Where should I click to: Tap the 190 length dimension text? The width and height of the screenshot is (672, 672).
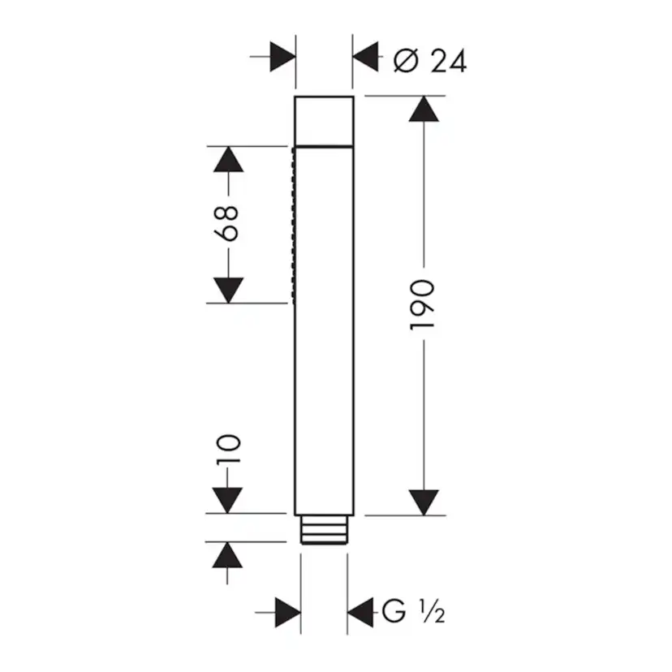[423, 305]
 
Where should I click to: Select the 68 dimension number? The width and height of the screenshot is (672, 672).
[228, 222]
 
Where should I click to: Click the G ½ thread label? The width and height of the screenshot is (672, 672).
[411, 611]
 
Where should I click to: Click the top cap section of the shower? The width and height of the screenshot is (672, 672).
[324, 121]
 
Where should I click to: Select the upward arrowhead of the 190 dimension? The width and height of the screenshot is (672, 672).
[423, 110]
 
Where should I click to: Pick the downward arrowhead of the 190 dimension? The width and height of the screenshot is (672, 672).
[423, 502]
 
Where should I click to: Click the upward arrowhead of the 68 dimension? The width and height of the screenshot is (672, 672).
[228, 159]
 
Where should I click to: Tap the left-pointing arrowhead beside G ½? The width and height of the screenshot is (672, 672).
[361, 610]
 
